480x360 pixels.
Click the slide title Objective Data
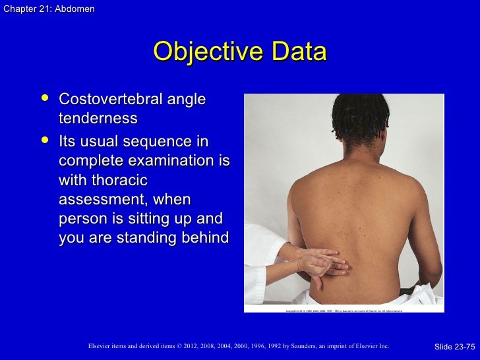tap(239, 53)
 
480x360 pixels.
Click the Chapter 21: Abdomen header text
tap(48, 9)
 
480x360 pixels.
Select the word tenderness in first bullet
tap(98, 119)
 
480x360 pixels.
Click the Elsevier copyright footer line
tap(238, 345)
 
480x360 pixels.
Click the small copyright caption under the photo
tap(344, 310)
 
